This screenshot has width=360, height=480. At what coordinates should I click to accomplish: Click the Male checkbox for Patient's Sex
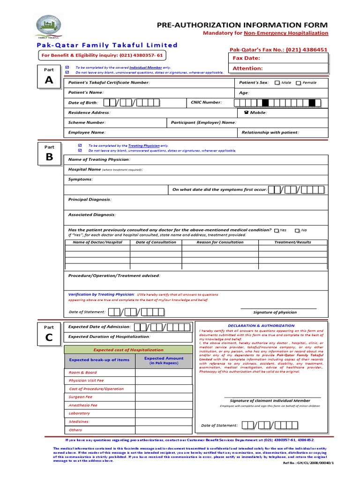[277, 83]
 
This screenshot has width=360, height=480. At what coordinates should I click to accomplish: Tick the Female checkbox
[298, 83]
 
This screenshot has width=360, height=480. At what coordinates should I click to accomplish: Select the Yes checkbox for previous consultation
[277, 231]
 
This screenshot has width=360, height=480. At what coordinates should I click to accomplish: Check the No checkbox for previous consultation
[297, 231]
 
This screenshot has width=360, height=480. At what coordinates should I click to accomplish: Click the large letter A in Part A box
[49, 81]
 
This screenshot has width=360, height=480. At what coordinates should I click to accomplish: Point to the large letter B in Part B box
[49, 157]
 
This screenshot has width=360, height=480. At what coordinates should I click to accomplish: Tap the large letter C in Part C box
[49, 338]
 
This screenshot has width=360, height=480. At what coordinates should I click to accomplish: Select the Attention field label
[247, 68]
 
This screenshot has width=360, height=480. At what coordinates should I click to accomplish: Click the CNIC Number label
[206, 102]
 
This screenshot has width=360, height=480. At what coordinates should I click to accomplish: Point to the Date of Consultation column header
[156, 242]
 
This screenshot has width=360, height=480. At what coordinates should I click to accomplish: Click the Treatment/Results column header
[292, 242]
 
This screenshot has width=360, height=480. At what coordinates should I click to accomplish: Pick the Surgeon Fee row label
[81, 397]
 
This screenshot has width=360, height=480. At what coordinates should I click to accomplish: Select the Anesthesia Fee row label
[83, 405]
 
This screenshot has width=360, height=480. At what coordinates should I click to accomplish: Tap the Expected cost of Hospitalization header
[121, 350]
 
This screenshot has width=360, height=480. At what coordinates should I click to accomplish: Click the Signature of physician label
[275, 312]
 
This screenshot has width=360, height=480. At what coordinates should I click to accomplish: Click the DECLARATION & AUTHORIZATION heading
[261, 325]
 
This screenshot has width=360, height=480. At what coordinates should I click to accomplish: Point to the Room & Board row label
[83, 373]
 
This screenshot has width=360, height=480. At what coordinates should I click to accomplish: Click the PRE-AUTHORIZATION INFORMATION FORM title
[242, 25]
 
